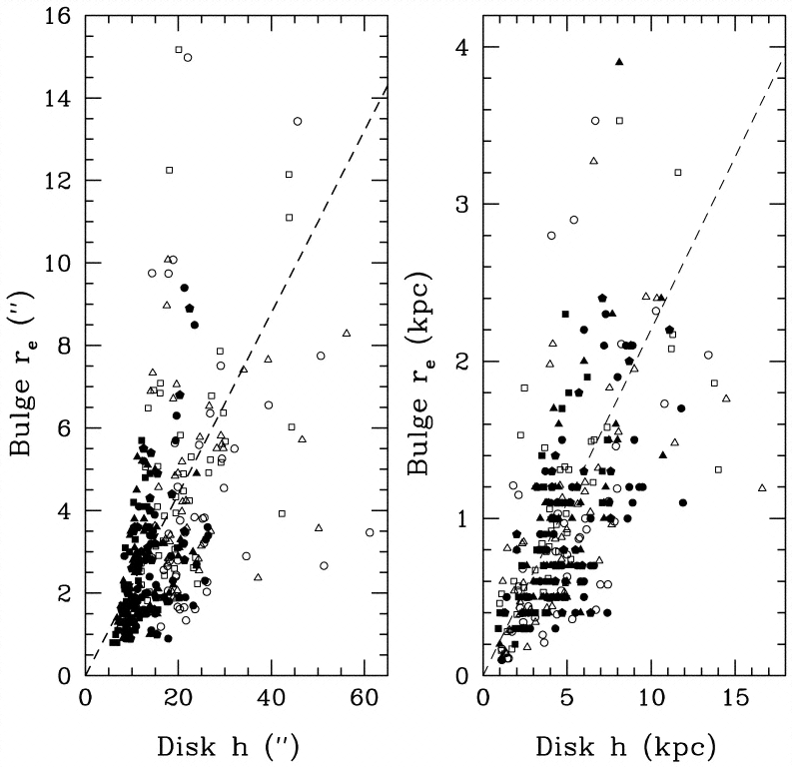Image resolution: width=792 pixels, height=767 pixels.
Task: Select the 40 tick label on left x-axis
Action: click(x=271, y=700)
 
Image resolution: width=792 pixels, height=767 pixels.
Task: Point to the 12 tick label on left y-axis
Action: click(x=62, y=181)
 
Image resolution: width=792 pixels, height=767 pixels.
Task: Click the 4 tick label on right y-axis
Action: click(x=464, y=48)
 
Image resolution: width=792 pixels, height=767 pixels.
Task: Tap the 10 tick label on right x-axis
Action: click(x=650, y=700)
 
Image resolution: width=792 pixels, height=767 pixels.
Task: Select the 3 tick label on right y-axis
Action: click(x=464, y=205)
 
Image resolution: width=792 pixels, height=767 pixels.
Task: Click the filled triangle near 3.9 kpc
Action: click(x=619, y=62)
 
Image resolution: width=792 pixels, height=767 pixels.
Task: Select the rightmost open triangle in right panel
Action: click(x=762, y=487)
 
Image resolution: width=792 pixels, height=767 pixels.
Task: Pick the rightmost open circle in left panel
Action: click(x=370, y=532)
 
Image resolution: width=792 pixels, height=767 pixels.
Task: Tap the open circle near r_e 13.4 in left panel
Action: click(x=297, y=121)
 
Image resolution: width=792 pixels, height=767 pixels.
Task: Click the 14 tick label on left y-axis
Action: click(x=62, y=99)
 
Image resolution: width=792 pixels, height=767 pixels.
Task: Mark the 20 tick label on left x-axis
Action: click(x=178, y=700)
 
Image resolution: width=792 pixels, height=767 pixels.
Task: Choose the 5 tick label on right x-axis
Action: click(x=566, y=700)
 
